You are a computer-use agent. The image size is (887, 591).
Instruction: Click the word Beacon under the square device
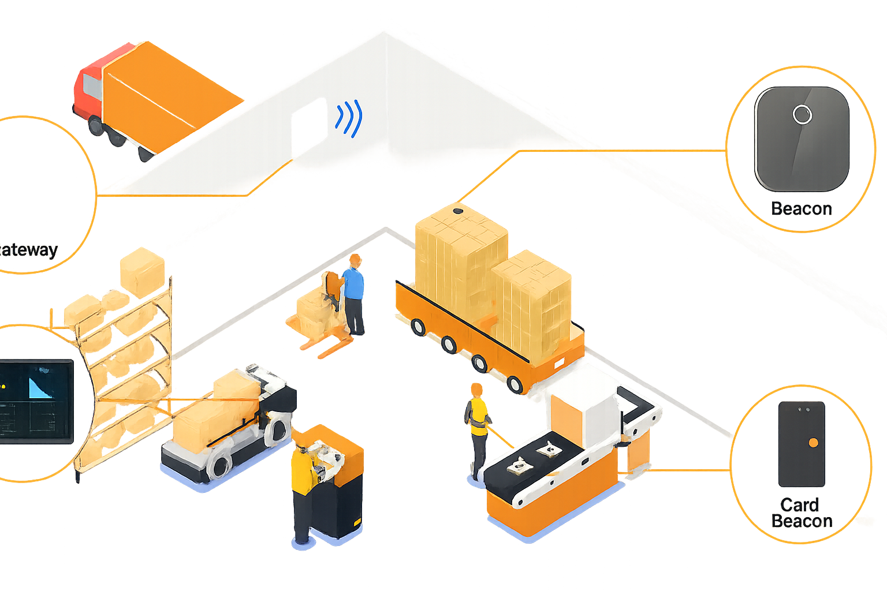[x=802, y=208]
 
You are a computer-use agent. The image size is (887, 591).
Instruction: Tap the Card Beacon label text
[x=802, y=513]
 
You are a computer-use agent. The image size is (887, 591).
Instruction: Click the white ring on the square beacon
[x=802, y=114]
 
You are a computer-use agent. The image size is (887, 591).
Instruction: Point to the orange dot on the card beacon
[x=813, y=443]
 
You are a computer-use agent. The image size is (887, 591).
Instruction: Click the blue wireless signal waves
[x=349, y=118]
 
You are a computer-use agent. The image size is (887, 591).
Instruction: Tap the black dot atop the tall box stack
[x=458, y=211]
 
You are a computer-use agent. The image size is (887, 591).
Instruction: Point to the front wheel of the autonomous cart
[x=219, y=464]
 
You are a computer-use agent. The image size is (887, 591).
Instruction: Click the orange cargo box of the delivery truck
[x=167, y=98]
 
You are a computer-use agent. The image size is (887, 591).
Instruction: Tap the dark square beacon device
[x=802, y=139]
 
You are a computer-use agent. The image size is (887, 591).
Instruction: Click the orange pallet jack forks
[x=323, y=346]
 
